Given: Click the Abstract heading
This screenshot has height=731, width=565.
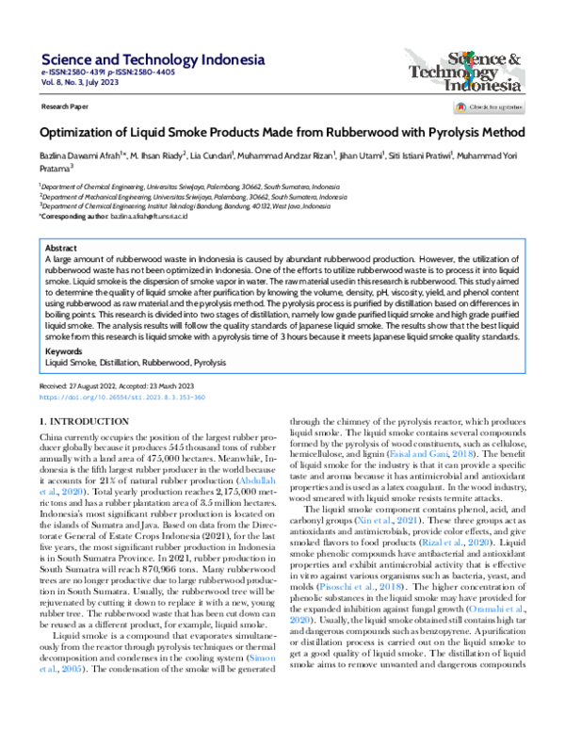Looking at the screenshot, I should coord(62,246).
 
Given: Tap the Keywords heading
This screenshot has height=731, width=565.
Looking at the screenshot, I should coord(64,350).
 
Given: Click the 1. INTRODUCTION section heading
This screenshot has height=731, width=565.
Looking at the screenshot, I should coord(89,420).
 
